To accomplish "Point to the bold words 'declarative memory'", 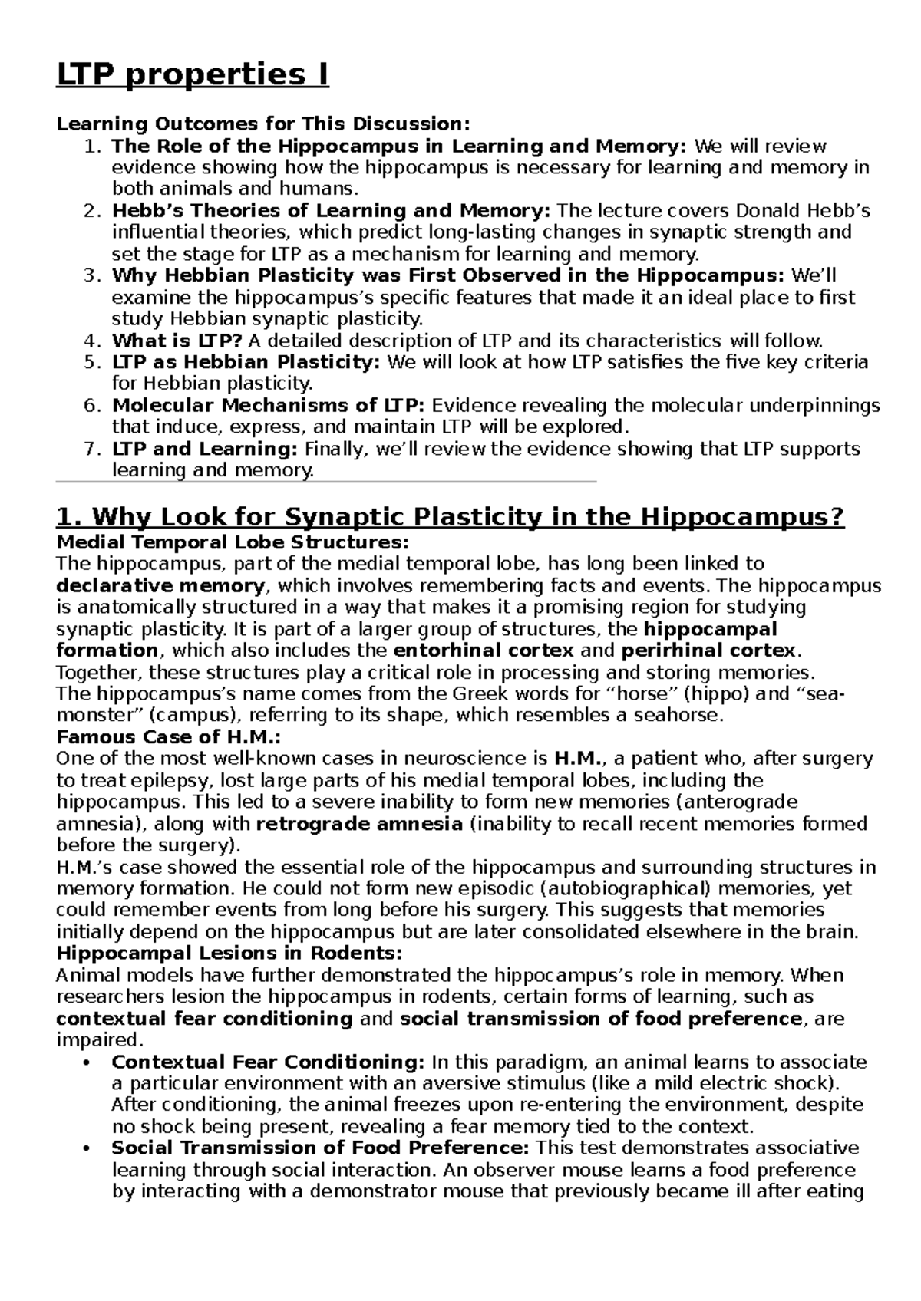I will pyautogui.click(x=160, y=586).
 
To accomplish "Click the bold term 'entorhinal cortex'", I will pyautogui.click(x=483, y=650).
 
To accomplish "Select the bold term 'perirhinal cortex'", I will pyautogui.click(x=708, y=650).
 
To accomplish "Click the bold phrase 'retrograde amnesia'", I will pyautogui.click(x=359, y=824).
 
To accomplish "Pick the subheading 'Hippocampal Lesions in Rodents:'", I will pyautogui.click(x=229, y=954).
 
